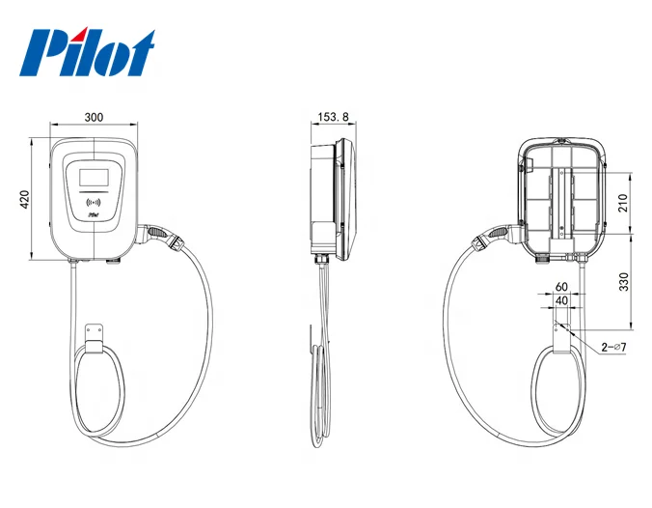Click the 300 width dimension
pos(94,117)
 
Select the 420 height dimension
pos(27,199)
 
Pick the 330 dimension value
pos(623,282)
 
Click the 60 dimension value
pos(561,287)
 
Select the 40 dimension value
pos(561,301)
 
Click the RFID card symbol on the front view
pos(95,203)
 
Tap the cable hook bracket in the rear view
pos(561,334)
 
